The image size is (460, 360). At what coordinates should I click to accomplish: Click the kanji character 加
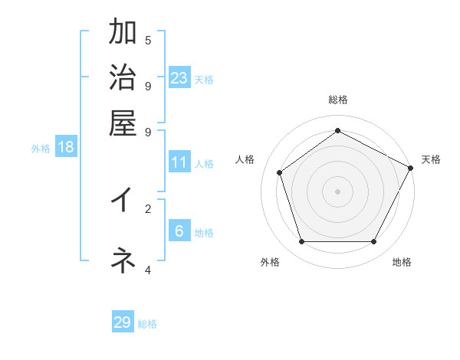coord(123,33)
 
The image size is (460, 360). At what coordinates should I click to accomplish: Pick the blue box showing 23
coord(179,77)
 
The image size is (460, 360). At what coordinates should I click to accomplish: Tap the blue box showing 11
coord(179,162)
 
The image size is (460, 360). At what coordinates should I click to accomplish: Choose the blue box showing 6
coord(179,231)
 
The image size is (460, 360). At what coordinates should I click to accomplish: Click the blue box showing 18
coord(66,147)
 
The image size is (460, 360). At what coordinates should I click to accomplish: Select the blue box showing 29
coord(123,322)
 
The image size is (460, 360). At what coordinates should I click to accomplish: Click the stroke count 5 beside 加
coord(148,40)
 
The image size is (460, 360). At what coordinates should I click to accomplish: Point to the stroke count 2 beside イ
coord(148,208)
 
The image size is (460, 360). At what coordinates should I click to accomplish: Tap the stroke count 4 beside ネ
coord(148,270)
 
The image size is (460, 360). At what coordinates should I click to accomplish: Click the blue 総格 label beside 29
coord(147,324)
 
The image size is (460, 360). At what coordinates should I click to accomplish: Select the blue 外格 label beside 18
coord(41,149)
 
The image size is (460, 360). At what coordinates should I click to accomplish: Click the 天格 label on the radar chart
coord(431,159)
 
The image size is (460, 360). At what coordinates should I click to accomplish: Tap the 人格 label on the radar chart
coord(245,159)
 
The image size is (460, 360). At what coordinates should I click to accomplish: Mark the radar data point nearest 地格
coord(374,242)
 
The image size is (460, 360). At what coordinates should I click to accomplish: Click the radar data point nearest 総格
coord(337,130)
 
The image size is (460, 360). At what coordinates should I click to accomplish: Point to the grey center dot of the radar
coord(337,191)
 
